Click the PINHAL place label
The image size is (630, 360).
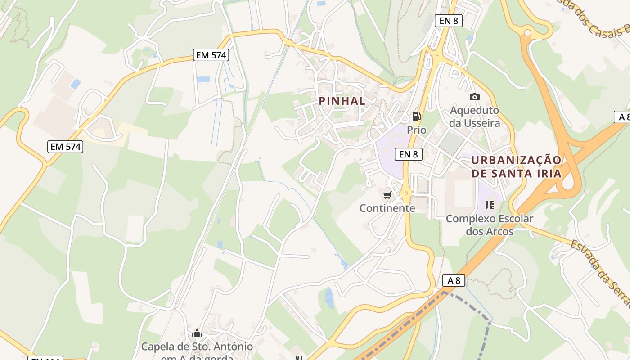pos(342,101)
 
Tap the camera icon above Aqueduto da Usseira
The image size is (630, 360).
pos(474,97)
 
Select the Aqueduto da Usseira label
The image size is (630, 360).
pos(475,117)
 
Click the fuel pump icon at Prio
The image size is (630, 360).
pos(417,117)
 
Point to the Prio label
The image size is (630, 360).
pos(417,130)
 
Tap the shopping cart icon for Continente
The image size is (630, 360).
pos(387,195)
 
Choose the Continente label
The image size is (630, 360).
pos(387,208)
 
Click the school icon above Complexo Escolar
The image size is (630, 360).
pos(490,205)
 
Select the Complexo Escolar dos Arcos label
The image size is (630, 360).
pos(490,225)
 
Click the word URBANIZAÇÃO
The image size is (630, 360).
pos(517,161)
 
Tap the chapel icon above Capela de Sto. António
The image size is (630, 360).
pos(197,333)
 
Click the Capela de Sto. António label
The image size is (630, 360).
pos(197,347)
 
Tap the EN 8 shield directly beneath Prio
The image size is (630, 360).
pos(409,154)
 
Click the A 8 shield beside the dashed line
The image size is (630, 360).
pos(454,280)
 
